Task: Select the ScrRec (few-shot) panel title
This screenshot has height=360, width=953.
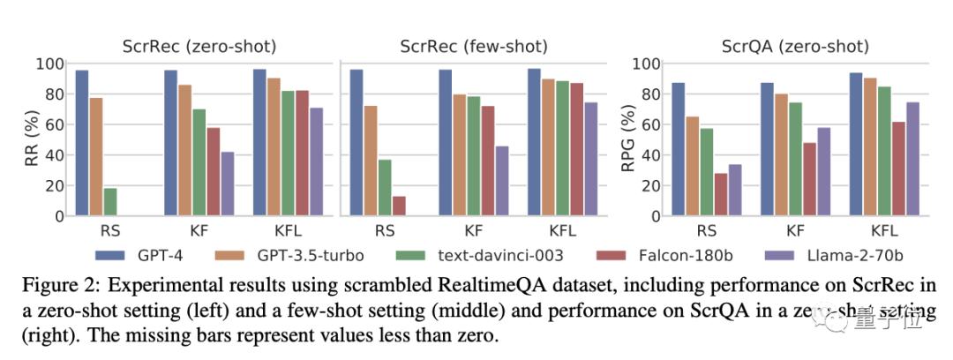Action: (x=474, y=46)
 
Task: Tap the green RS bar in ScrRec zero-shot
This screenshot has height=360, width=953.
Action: (x=110, y=202)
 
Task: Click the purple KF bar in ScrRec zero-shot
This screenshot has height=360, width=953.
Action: (x=228, y=184)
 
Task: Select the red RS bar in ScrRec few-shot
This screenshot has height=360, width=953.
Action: (x=399, y=206)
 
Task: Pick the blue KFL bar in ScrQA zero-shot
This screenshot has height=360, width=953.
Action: (x=856, y=144)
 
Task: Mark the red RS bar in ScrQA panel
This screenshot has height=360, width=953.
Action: (x=721, y=194)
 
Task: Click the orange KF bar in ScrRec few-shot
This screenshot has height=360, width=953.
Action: (x=460, y=154)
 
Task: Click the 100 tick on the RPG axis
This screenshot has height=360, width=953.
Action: (x=649, y=64)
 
